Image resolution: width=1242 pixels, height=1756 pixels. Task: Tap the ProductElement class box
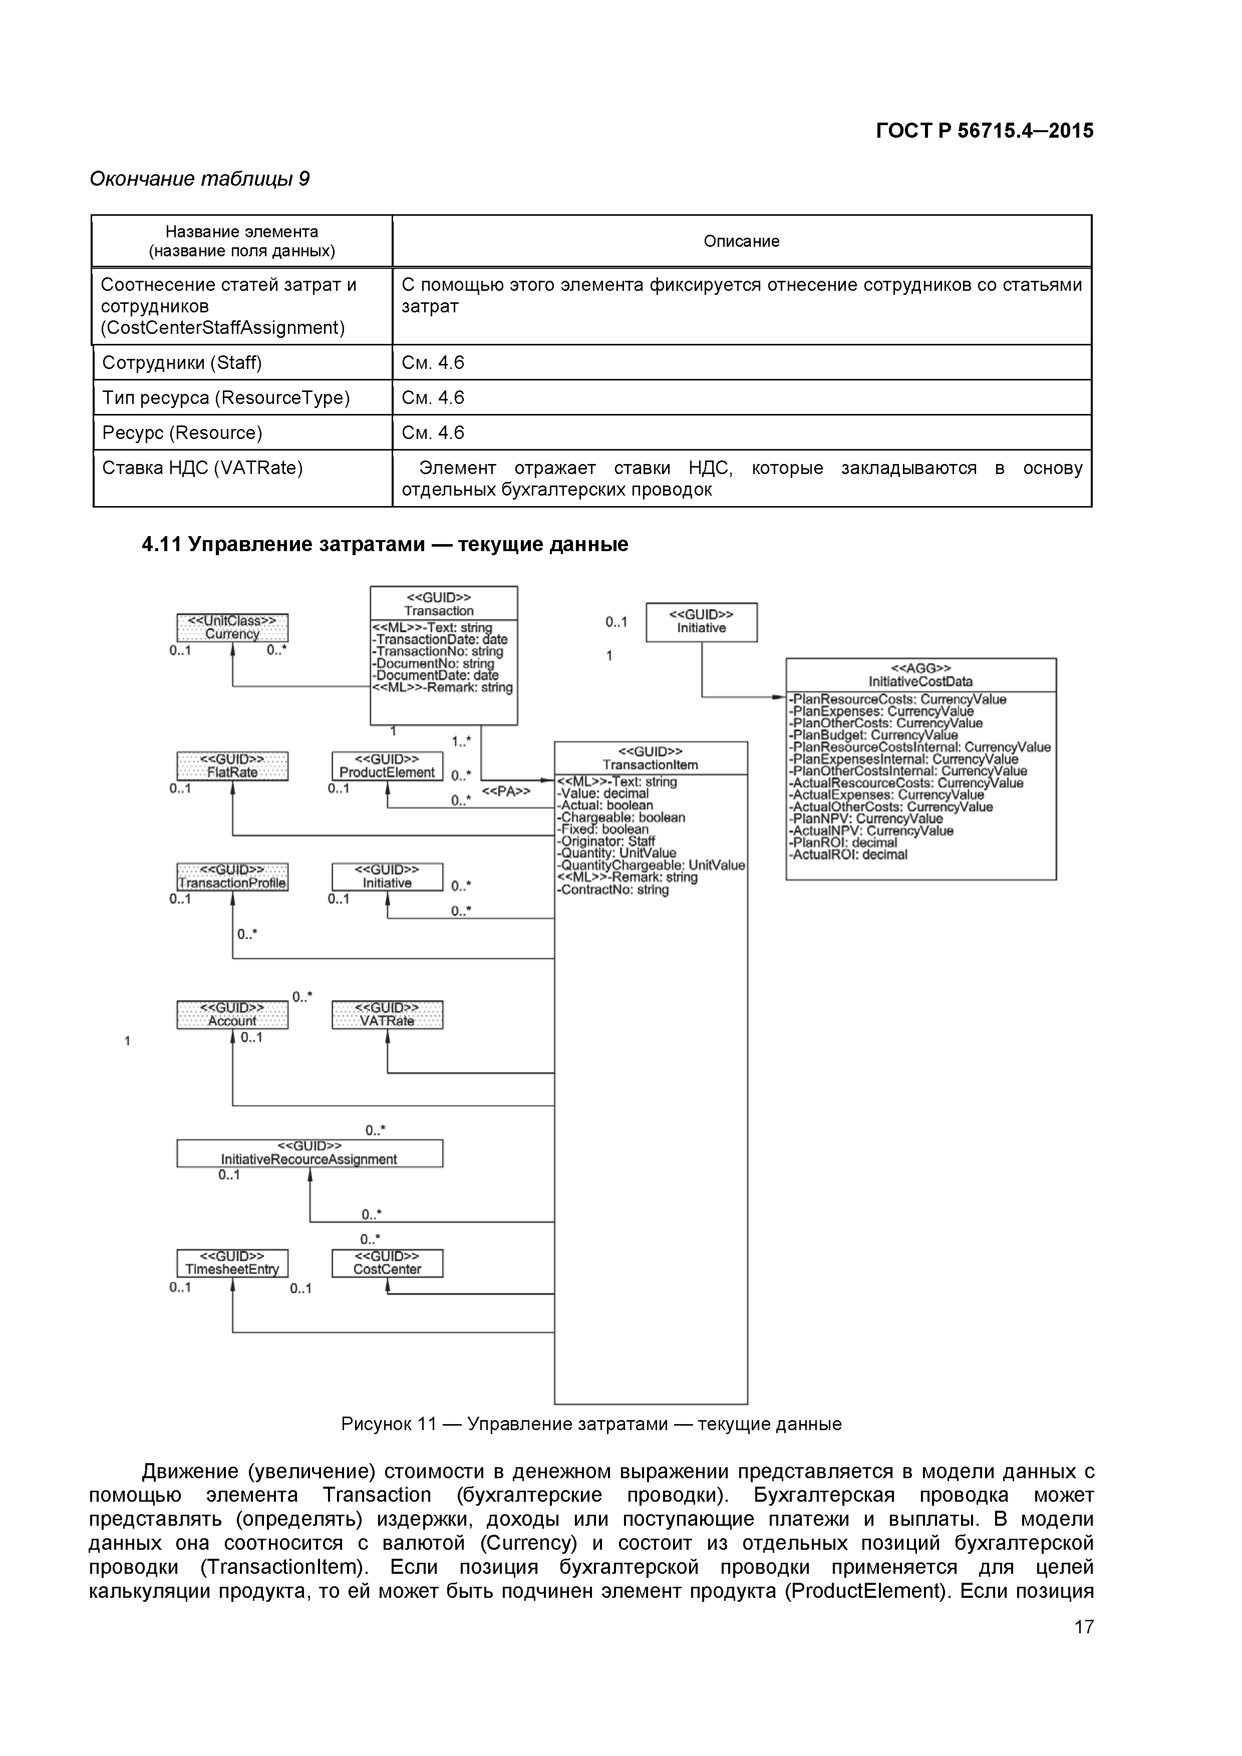coord(387,765)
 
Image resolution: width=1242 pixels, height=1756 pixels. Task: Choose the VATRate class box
coord(387,1014)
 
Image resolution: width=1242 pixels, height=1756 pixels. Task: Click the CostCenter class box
coord(387,1263)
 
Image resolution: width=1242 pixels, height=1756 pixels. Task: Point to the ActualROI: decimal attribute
coord(849,854)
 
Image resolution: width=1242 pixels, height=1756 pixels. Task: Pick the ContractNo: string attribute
coord(613,890)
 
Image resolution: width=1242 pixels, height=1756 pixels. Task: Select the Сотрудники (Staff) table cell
coord(182,362)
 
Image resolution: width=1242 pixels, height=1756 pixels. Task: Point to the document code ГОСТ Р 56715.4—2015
coord(984,131)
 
